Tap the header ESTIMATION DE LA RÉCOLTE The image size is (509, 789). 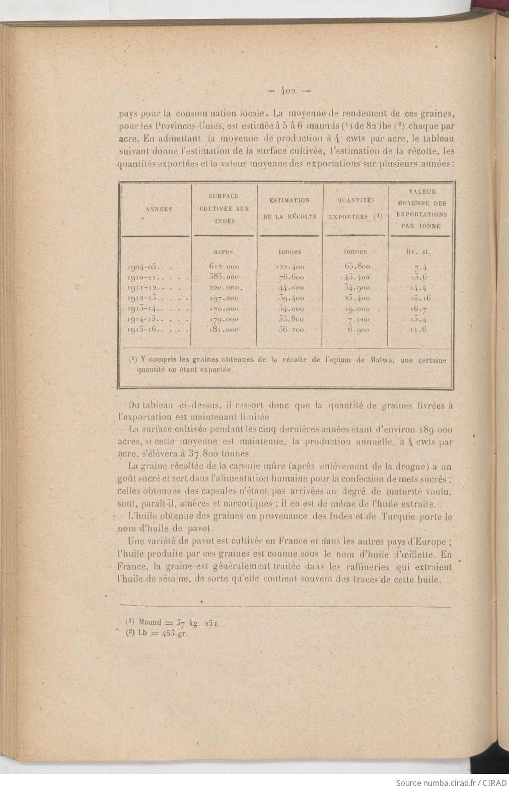coord(289,208)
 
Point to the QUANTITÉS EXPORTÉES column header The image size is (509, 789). coord(356,209)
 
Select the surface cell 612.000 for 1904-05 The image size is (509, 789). coord(224,267)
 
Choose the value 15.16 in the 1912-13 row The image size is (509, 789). coord(420,298)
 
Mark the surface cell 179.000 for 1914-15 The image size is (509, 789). coord(224,319)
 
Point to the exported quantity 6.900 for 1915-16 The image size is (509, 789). coord(358,330)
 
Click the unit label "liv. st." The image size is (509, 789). coord(418,251)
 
